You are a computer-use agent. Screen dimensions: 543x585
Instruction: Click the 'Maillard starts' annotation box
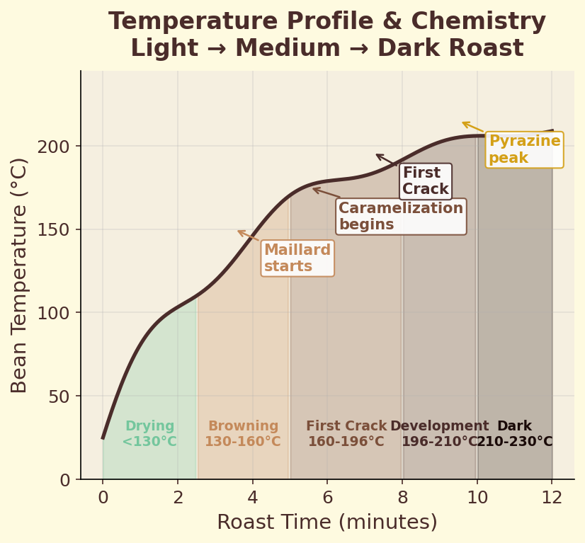point(297,258)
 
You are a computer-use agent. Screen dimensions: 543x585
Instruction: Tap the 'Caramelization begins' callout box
point(401,217)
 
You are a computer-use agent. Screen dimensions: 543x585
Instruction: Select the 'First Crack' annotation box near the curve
point(426,181)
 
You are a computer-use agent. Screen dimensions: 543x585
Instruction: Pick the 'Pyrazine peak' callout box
point(524,149)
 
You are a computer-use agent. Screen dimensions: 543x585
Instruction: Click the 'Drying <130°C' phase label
point(149,434)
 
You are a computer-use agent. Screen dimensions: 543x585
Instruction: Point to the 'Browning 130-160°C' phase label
point(243,434)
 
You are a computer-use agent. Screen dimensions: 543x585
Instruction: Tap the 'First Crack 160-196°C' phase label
point(346,434)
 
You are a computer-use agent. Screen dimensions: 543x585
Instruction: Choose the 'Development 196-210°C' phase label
point(440,434)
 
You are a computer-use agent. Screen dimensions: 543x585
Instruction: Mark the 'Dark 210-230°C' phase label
point(514,434)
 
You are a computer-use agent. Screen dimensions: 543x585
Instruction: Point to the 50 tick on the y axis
point(63,396)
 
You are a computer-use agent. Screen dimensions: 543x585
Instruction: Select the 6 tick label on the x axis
point(327,498)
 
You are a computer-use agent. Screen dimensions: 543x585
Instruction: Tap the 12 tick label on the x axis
point(552,498)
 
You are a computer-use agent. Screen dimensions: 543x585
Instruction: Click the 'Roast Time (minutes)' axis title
point(327,522)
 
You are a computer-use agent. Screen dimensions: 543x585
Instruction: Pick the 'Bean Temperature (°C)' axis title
point(20,275)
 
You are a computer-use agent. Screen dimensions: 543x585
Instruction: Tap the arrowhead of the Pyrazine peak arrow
point(462,123)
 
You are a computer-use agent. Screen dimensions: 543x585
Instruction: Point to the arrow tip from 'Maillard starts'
point(237,231)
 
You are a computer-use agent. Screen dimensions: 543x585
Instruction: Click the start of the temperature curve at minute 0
point(103,438)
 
